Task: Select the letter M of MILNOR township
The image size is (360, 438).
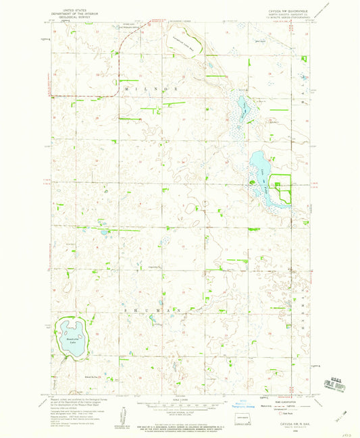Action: pos(126,88)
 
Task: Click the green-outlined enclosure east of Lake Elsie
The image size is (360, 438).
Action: pos(280,185)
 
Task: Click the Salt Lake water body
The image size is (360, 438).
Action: pos(241,105)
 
